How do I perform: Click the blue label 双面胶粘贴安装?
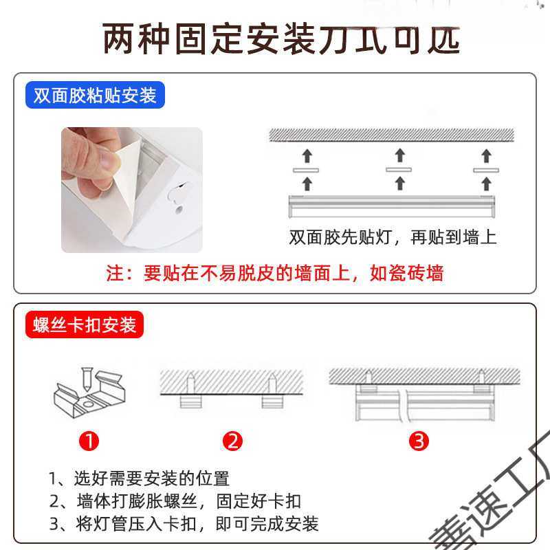tap(96, 95)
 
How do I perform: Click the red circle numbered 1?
tap(89, 441)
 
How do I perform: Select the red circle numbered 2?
tap(234, 441)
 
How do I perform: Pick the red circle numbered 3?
tap(419, 441)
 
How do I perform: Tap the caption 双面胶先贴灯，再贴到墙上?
tap(393, 238)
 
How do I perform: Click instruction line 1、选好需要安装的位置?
tap(139, 478)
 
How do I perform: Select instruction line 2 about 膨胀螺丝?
tap(175, 500)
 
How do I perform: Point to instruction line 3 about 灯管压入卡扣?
tap(184, 524)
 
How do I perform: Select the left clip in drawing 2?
tap(190, 401)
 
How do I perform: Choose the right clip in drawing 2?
tap(272, 401)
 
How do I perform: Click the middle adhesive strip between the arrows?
tap(398, 169)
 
